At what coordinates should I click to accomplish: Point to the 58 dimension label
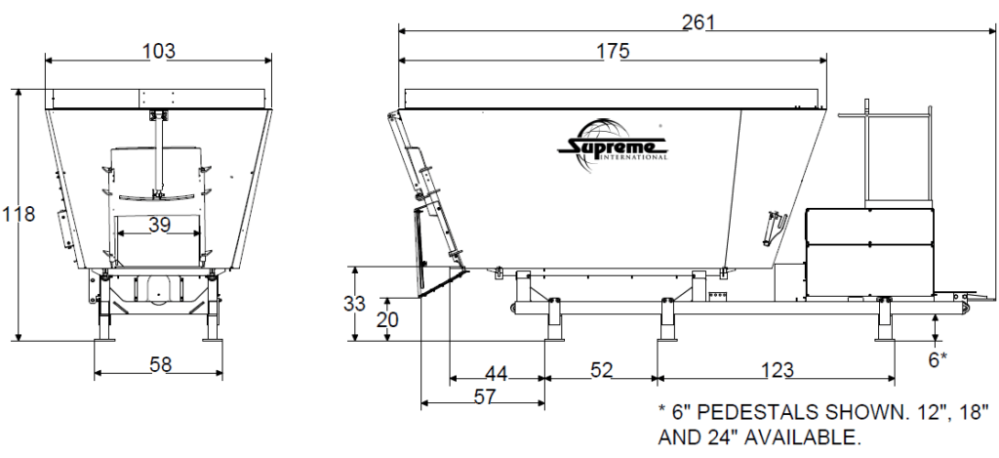(x=160, y=364)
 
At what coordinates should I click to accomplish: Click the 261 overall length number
(x=699, y=21)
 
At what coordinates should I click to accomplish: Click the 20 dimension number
(x=386, y=318)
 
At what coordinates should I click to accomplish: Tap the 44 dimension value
(x=496, y=371)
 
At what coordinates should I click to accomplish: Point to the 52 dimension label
(x=602, y=371)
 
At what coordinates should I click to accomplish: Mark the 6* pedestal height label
(x=938, y=359)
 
